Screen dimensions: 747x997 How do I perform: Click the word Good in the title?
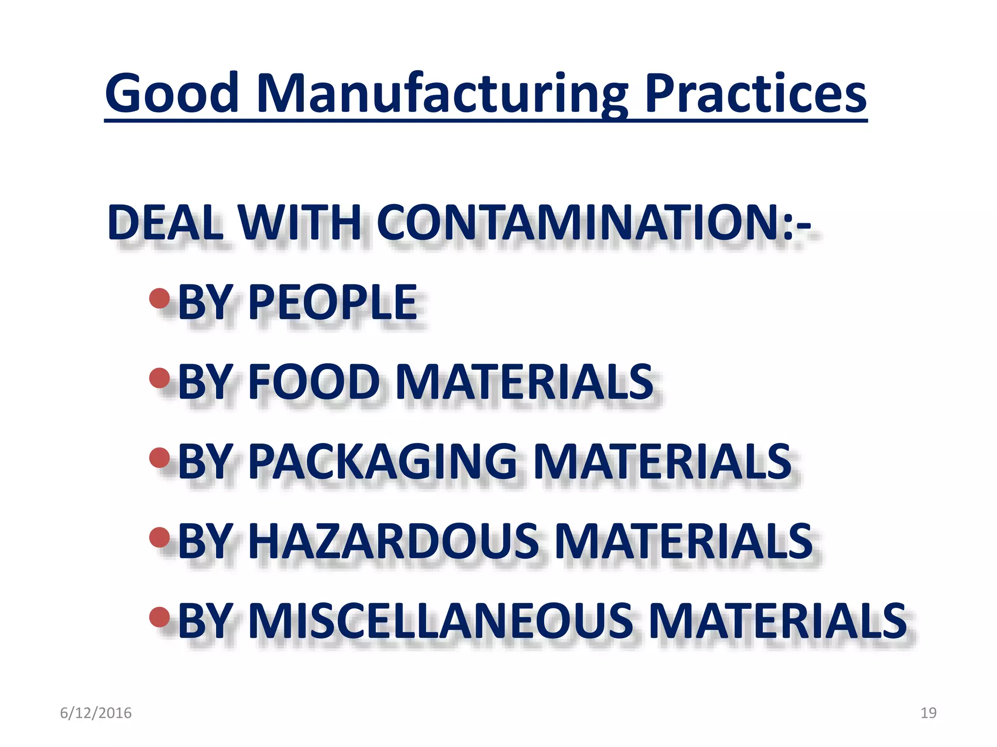(172, 93)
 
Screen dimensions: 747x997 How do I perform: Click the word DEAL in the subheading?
(166, 223)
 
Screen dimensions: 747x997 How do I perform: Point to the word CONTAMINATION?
(579, 223)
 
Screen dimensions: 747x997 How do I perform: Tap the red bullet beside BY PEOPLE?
(160, 299)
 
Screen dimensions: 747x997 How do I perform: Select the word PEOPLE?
(333, 302)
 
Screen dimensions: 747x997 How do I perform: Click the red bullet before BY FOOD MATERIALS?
(160, 378)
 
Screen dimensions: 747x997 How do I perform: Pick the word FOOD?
(314, 382)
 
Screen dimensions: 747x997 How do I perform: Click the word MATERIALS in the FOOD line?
(525, 382)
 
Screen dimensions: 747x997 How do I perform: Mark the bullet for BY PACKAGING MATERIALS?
(160, 458)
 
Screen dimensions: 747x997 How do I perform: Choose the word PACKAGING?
(383, 462)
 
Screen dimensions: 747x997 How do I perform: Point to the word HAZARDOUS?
(394, 541)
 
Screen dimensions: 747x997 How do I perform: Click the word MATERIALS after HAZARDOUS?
(683, 541)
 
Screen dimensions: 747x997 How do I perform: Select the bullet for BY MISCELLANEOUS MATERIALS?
(160, 617)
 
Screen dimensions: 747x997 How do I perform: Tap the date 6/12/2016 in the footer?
(96, 713)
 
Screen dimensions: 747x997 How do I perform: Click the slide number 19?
(928, 713)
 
